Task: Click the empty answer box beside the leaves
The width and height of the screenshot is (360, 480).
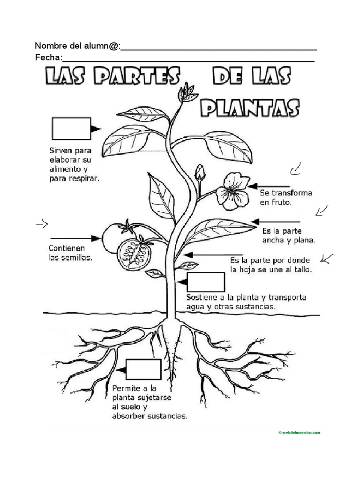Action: point(71,128)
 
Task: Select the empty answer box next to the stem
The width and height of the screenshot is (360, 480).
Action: point(205,282)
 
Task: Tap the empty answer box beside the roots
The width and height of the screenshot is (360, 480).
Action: point(143,369)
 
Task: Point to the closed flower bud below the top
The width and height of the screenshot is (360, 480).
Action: point(200,173)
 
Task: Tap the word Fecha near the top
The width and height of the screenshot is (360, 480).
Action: point(48,58)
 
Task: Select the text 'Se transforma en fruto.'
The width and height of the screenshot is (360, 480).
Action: point(286,198)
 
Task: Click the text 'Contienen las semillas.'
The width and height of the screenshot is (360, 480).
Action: point(70,253)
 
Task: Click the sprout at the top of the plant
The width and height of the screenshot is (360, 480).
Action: point(187,93)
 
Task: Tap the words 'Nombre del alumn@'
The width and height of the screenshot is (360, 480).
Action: point(77,46)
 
